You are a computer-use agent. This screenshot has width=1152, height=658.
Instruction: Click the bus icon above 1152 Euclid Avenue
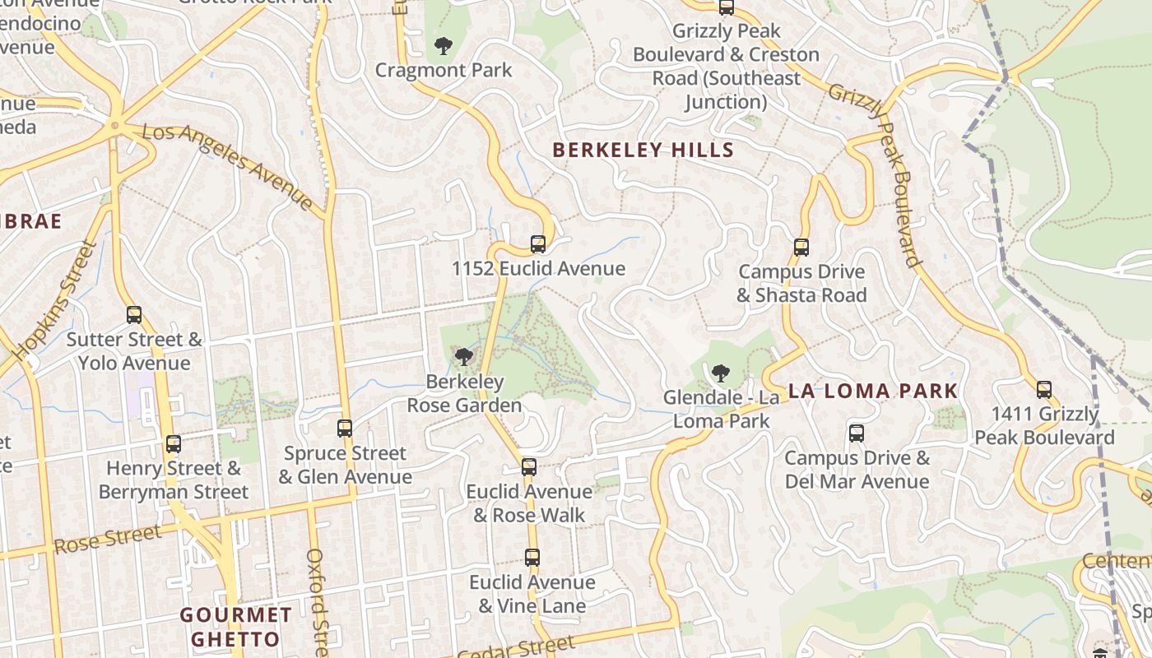point(537,243)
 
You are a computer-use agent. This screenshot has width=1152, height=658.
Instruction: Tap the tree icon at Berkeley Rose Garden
point(464,357)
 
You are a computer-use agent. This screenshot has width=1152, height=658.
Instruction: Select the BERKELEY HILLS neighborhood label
point(643,150)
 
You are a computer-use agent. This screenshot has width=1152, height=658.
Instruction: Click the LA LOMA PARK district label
point(873,391)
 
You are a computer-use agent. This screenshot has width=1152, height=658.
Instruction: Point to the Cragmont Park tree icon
point(444,46)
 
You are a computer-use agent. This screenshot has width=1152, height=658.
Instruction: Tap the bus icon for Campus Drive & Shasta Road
point(801,247)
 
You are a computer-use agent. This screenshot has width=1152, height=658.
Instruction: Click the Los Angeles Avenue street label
point(228,166)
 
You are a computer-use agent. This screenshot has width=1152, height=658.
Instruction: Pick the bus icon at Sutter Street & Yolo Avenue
point(133,314)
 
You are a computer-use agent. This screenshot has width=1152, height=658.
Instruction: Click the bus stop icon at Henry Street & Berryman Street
point(173,444)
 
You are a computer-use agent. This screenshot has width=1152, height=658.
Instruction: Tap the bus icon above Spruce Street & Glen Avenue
point(344,428)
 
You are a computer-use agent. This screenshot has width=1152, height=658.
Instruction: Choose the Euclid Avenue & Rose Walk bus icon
point(528,466)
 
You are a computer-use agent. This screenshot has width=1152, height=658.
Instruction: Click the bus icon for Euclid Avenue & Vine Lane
point(532,557)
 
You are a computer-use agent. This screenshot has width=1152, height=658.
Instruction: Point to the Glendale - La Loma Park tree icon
point(720,373)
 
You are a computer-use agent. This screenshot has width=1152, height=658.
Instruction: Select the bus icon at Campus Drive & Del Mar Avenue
point(856,433)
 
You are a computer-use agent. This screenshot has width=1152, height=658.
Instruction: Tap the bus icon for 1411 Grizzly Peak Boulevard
point(1043,389)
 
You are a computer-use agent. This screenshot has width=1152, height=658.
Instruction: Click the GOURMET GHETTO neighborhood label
point(236,627)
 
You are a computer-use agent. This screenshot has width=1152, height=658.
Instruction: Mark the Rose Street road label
point(108,540)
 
